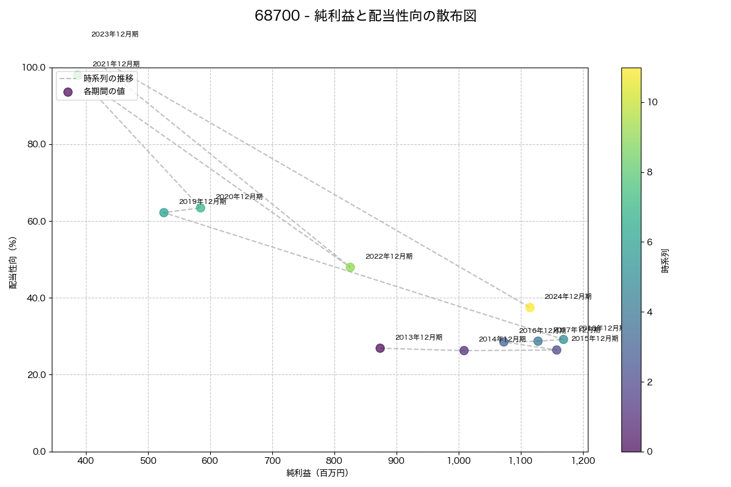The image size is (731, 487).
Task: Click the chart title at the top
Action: (x=365, y=16)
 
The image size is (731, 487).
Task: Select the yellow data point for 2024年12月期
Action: (x=530, y=307)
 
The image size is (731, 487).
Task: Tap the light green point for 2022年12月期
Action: (x=350, y=267)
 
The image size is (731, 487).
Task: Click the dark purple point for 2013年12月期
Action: (x=380, y=348)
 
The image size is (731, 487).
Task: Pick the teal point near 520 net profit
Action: (x=164, y=212)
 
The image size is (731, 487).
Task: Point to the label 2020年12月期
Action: (x=239, y=197)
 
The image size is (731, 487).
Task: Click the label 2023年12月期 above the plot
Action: (x=115, y=35)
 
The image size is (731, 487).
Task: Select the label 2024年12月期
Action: (x=568, y=297)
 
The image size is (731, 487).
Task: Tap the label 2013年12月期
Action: (x=418, y=338)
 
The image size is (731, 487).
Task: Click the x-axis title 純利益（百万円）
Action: (x=317, y=473)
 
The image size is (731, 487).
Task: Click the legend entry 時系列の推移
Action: (x=108, y=79)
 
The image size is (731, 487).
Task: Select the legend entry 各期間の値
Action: (x=104, y=92)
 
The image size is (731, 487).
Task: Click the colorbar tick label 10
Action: (x=652, y=102)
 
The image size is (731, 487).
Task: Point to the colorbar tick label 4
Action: (x=650, y=312)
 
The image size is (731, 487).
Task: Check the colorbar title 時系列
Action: (x=665, y=260)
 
